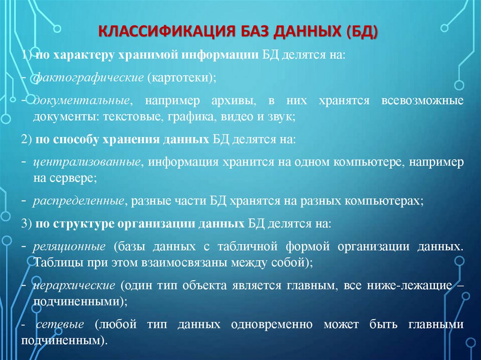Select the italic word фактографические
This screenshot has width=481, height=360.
click(88, 78)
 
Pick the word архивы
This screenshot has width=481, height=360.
click(224, 101)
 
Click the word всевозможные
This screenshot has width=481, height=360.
click(420, 101)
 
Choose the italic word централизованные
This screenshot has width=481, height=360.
click(87, 162)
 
